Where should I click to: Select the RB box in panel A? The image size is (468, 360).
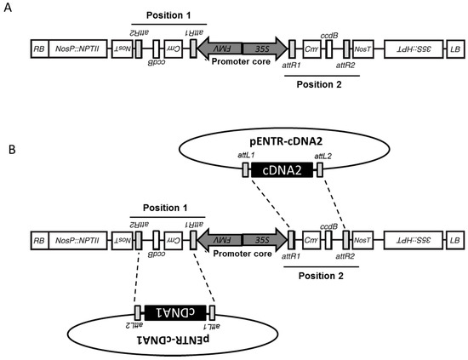pyautogui.click(x=38, y=49)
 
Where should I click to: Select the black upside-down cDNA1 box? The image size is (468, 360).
pyautogui.click(x=176, y=312)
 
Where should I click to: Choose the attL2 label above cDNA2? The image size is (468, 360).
pyautogui.click(x=323, y=156)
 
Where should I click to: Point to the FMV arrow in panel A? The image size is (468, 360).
pyautogui.click(x=219, y=49)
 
